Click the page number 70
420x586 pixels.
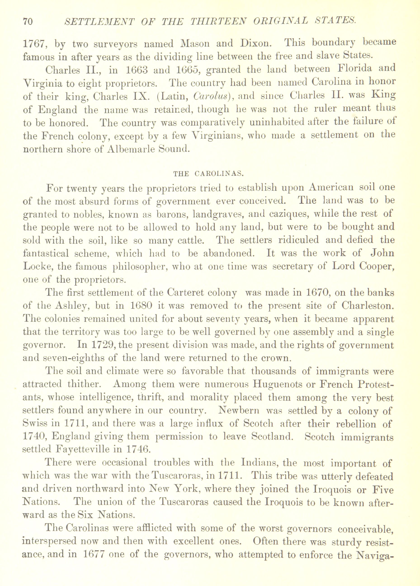[28, 21]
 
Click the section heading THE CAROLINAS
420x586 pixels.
[208, 174]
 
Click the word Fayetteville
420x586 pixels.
[83, 449]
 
